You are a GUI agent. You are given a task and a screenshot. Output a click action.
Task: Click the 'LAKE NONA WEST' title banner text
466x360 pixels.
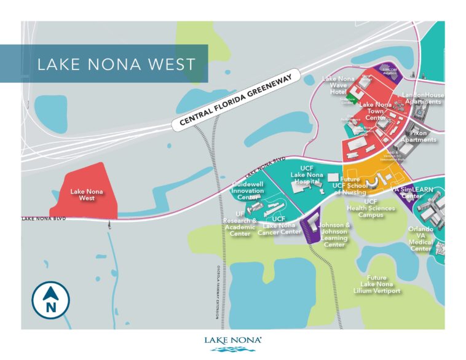coord(116,64)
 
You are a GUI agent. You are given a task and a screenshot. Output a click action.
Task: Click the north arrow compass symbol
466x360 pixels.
coord(50,300)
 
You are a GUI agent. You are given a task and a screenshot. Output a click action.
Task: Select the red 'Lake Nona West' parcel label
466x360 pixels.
coord(87,195)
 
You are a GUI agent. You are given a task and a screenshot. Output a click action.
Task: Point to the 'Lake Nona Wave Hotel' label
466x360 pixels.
coord(338,85)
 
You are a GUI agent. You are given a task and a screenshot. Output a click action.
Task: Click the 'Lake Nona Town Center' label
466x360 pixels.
coord(375,111)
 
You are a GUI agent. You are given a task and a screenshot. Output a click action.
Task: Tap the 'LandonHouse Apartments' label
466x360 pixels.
coord(422,98)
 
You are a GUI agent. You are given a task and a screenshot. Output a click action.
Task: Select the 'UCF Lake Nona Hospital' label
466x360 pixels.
coord(307,174)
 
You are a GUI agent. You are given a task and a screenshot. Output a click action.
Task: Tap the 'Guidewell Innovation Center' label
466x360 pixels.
coord(248,190)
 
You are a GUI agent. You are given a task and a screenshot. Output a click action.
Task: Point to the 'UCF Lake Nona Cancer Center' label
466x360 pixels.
coord(278,225)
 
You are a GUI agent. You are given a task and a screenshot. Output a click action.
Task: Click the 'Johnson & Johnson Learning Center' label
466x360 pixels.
coord(334,235)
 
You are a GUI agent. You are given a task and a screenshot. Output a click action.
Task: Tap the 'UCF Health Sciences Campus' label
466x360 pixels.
coord(371,208)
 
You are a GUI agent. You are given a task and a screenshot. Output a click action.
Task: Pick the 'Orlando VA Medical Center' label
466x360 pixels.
coord(421,238)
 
